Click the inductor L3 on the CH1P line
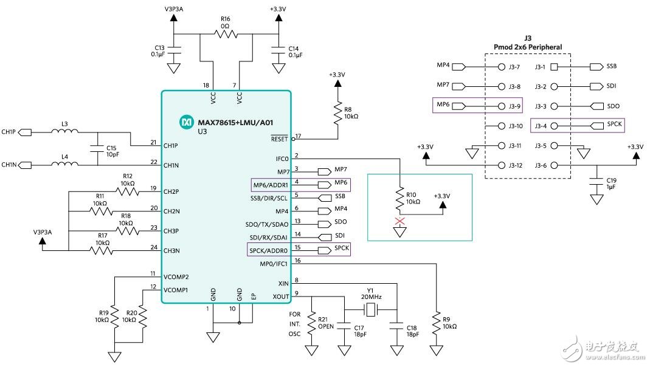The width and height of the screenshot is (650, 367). coord(64,131)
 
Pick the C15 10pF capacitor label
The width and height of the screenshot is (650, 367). coord(111,151)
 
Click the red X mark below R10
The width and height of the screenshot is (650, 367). coord(399,220)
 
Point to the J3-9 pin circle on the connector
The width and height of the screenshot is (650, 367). coord(502,106)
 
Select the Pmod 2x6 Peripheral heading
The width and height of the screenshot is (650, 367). coord(527,47)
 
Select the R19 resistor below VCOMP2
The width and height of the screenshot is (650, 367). coord(116,317)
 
